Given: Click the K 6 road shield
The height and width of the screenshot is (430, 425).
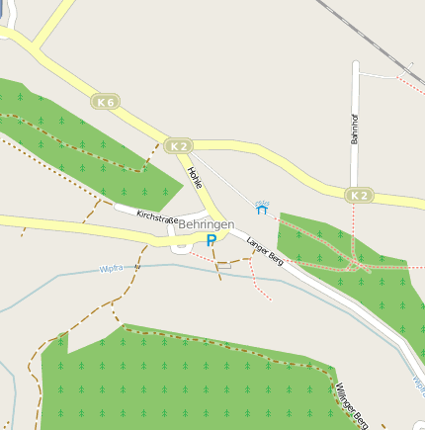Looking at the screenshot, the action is pyautogui.click(x=107, y=101).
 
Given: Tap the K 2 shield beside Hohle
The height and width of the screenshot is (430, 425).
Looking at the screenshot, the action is pyautogui.click(x=178, y=145).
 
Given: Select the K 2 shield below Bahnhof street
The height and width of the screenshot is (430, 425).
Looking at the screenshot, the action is pyautogui.click(x=361, y=196).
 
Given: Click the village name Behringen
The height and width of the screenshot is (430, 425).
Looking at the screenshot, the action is pyautogui.click(x=207, y=225).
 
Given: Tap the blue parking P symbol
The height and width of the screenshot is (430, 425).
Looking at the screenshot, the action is pyautogui.click(x=212, y=240).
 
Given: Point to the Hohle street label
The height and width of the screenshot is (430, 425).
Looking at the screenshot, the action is pyautogui.click(x=195, y=178).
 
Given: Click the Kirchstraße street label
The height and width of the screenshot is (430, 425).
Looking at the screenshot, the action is pyautogui.click(x=157, y=216).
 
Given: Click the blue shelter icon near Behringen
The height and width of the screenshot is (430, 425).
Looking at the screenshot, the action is pyautogui.click(x=262, y=209).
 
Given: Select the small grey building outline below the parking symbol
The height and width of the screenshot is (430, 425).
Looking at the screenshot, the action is pyautogui.click(x=223, y=264).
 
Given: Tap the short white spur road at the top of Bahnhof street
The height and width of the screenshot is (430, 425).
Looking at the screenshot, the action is pyautogui.click(x=381, y=74).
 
